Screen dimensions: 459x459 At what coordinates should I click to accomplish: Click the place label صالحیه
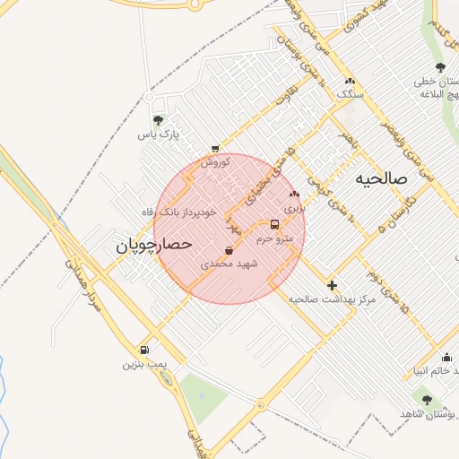[381, 178]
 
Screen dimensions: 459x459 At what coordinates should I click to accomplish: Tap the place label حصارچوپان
[154, 243]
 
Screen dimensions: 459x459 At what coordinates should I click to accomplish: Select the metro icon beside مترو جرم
[274, 225]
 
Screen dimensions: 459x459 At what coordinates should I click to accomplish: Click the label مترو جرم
[274, 239]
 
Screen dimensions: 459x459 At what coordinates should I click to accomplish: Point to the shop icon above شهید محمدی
[229, 250]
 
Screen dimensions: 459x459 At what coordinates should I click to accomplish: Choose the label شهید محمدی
[229, 264]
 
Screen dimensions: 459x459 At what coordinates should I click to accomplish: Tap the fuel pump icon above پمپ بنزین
[144, 350]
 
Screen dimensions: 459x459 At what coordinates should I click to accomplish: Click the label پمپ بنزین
[144, 365]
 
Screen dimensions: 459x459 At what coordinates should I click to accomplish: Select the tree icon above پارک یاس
[159, 120]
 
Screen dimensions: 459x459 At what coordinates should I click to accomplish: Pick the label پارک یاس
[159, 135]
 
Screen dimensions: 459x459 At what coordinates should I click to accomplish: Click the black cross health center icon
[332, 284]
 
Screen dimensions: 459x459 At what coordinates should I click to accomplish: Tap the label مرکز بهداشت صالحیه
[332, 299]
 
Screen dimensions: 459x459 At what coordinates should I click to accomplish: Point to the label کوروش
[215, 162]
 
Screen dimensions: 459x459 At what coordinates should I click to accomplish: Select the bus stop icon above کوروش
[214, 149]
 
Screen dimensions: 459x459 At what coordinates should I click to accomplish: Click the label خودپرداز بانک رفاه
[179, 212]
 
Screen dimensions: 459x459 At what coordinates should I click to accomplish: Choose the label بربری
[295, 206]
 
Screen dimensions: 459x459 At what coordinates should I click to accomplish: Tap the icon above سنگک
[346, 79]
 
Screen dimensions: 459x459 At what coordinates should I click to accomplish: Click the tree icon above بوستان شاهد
[427, 400]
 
